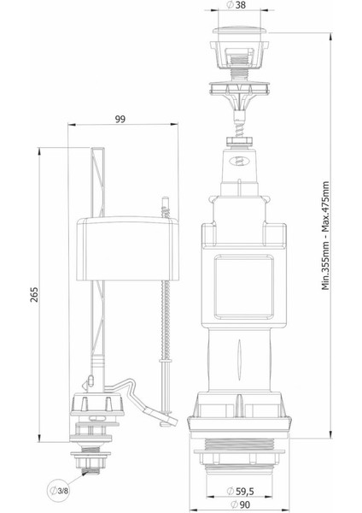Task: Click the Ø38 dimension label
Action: point(236,6)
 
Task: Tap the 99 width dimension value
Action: point(120,120)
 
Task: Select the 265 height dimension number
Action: point(34,294)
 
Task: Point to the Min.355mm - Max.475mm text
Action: point(326,236)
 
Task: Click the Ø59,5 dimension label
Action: point(241,491)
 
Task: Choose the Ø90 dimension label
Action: point(240,504)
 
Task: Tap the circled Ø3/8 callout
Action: point(60,491)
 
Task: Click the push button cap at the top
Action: point(240,30)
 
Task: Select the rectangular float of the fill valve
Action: point(127,249)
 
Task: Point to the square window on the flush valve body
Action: point(243,287)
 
